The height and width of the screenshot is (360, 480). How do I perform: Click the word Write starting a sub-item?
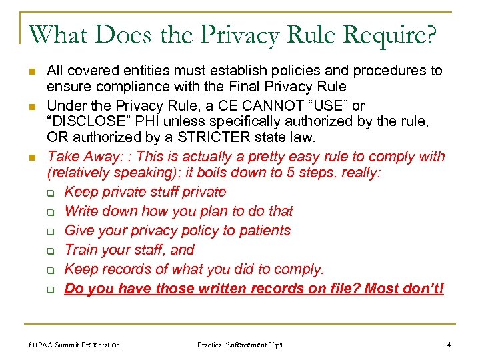tap(81, 211)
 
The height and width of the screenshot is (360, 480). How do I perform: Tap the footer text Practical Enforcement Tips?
tap(239, 345)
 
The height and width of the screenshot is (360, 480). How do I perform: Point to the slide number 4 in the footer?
tap(449, 345)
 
